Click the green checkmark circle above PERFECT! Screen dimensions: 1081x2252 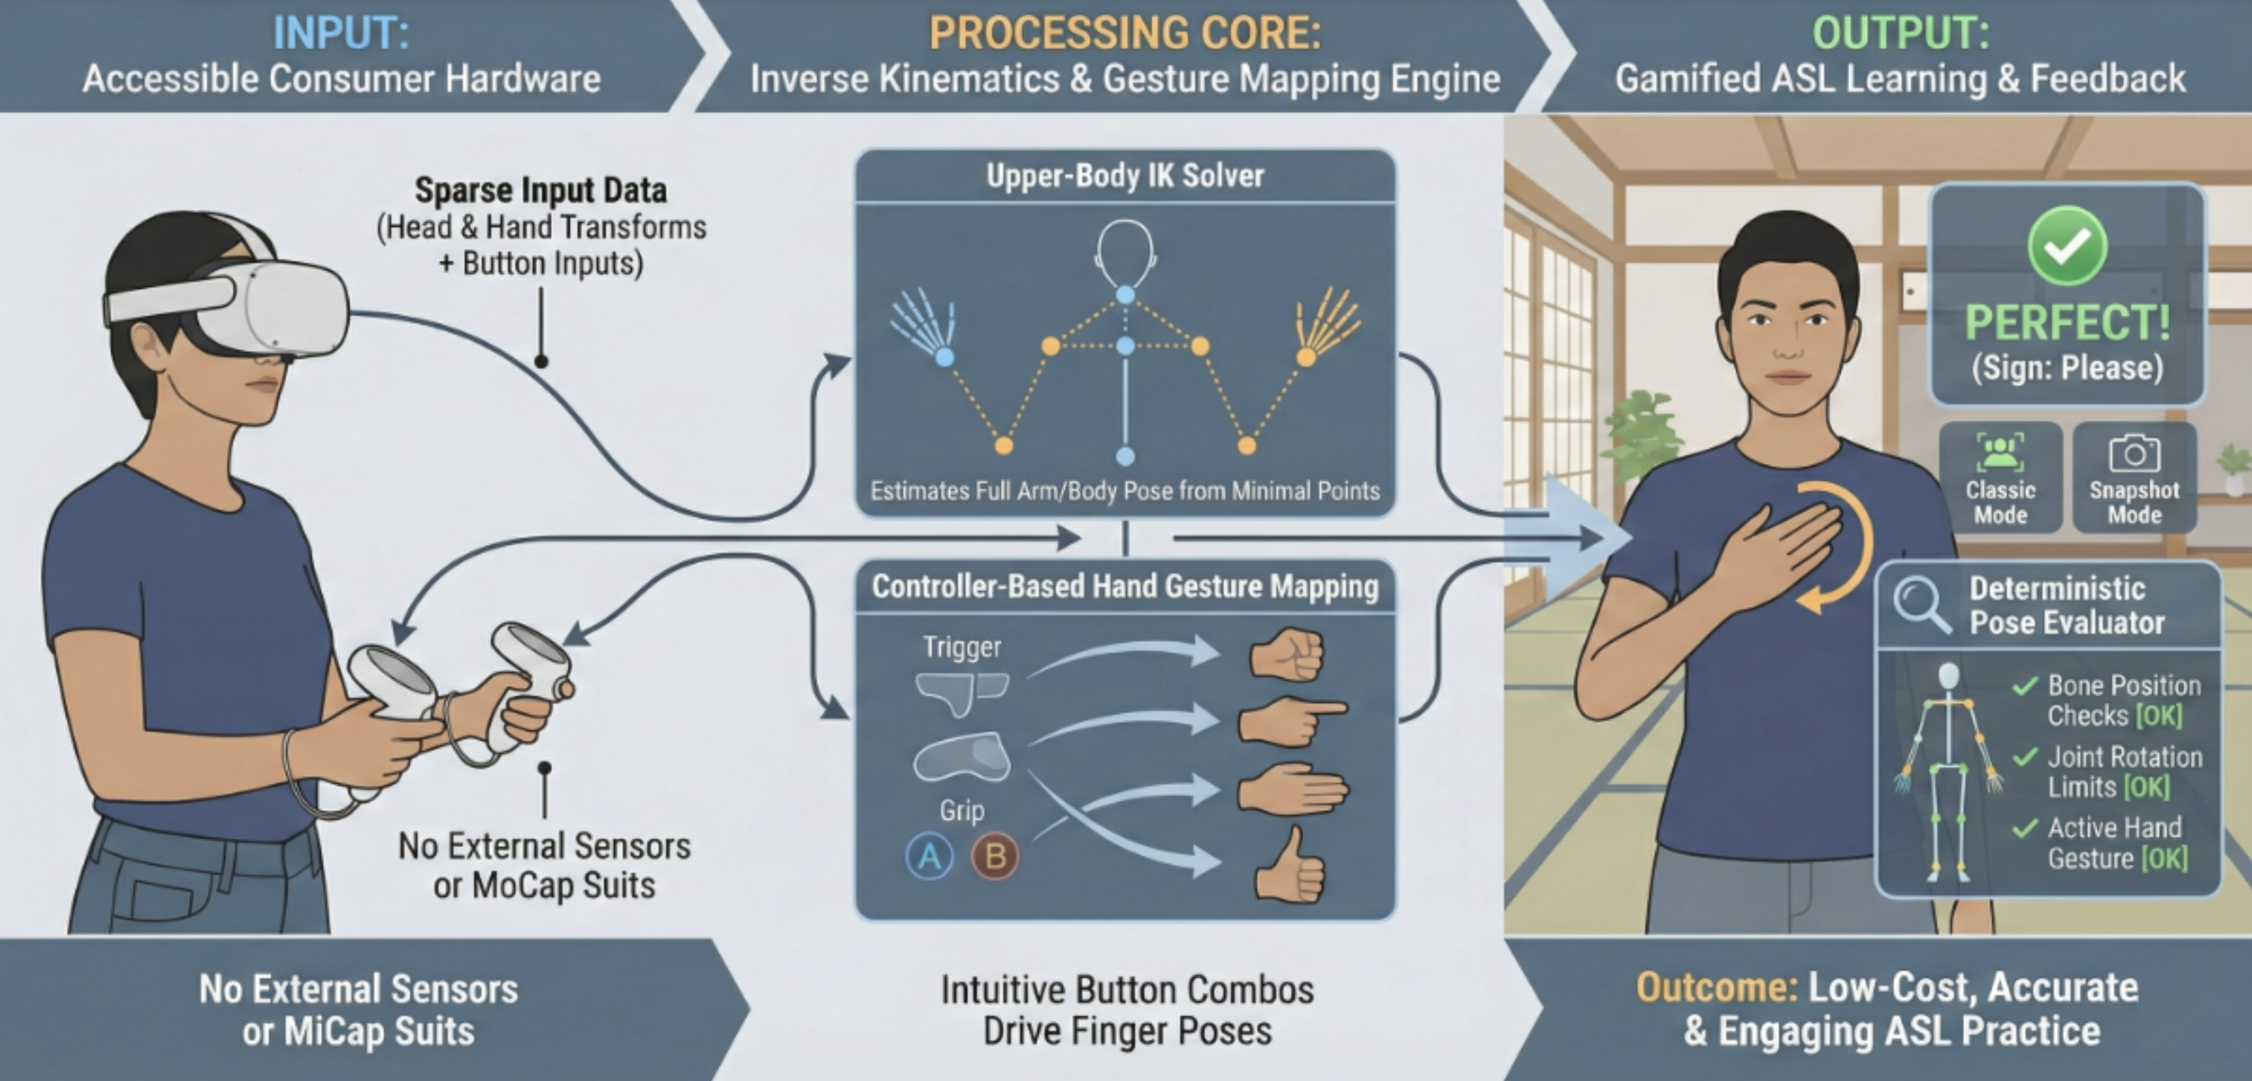pos(2067,245)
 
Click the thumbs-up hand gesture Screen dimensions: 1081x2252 pos(1289,864)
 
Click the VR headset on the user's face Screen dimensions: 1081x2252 pos(262,310)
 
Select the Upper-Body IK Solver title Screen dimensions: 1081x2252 pos(1125,175)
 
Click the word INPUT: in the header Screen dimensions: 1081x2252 pos(341,32)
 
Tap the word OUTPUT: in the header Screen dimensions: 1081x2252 pos(1900,32)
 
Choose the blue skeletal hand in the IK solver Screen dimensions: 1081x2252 pos(923,326)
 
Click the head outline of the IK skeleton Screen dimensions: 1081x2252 pos(1125,251)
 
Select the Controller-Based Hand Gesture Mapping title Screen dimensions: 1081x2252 pos(1125,586)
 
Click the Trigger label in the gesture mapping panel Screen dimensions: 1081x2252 pos(962,647)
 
